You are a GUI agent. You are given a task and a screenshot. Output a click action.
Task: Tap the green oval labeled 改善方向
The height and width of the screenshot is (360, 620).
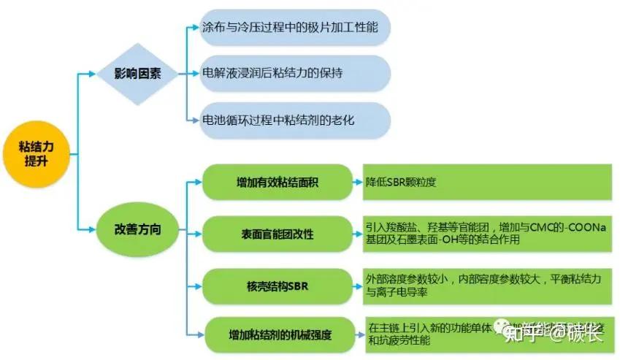pyautogui.click(x=138, y=229)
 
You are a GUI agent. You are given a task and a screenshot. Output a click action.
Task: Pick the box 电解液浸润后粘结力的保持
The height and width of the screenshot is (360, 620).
pyautogui.click(x=296, y=74)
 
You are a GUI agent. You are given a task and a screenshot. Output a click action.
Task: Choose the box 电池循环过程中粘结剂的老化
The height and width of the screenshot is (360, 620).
pyautogui.click(x=296, y=119)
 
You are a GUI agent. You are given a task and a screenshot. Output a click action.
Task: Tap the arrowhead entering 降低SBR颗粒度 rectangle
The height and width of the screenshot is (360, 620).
pyautogui.click(x=359, y=183)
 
